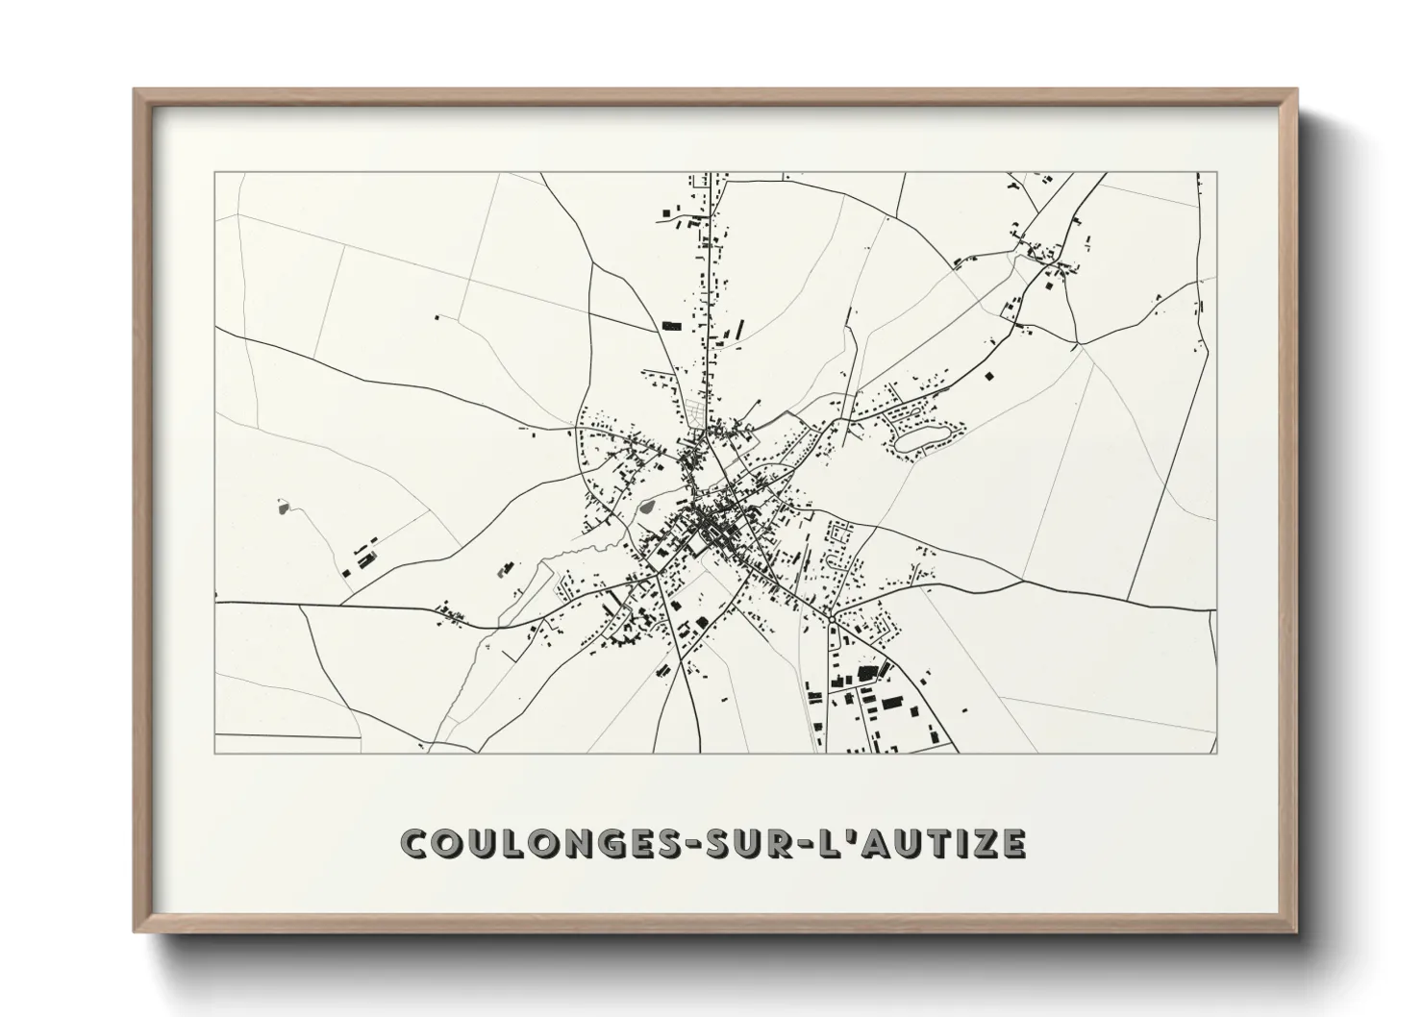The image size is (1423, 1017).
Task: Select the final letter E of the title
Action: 1011,843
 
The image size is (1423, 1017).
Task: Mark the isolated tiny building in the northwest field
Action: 437,316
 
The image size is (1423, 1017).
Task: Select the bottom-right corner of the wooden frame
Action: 1297,932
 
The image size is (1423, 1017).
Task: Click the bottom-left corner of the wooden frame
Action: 137,932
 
